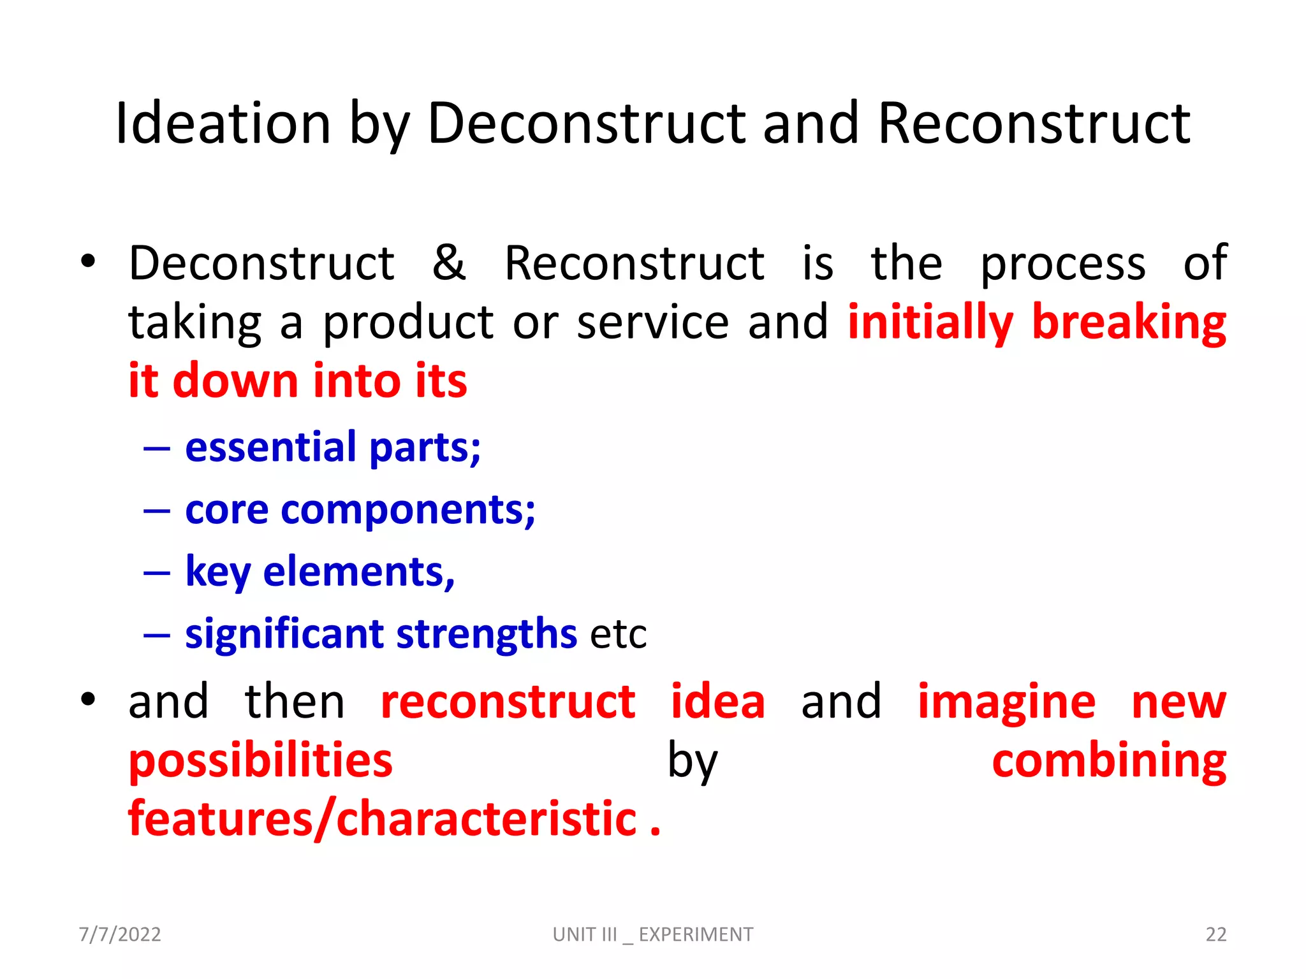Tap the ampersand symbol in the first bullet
[x=449, y=263]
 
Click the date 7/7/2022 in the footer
[x=120, y=934]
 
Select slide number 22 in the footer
[x=1215, y=934]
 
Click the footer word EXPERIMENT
[x=696, y=934]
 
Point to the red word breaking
[x=1129, y=323]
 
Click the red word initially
[x=930, y=323]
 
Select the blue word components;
[x=408, y=511]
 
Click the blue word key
[x=217, y=572]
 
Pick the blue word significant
[x=284, y=634]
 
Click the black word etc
[x=618, y=635]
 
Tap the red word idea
[x=717, y=701]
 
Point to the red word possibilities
[x=260, y=761]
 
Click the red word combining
[x=1109, y=761]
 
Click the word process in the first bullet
[x=1062, y=264]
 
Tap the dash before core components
[x=157, y=511]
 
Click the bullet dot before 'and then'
[x=88, y=700]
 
